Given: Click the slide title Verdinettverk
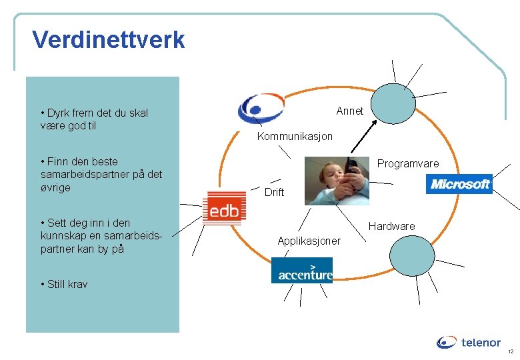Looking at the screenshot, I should click(109, 40).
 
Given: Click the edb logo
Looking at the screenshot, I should click(224, 207).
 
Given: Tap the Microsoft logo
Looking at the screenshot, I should click(459, 184).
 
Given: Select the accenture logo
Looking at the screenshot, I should click(301, 271).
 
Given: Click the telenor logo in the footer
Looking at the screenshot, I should click(469, 343).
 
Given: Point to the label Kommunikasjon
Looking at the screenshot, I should click(295, 136).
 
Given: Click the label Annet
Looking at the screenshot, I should click(350, 111).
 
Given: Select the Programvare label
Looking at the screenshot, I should click(408, 163).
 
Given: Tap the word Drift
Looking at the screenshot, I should click(274, 192).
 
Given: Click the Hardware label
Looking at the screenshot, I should click(392, 226).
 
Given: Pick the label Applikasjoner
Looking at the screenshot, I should click(309, 240).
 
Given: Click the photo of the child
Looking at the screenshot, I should click(336, 180).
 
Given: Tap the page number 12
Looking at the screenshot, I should click(510, 351).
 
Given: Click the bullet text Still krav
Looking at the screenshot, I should click(67, 284).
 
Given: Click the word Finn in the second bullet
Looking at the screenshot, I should click(59, 161).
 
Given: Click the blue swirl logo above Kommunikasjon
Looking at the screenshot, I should click(261, 108).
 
